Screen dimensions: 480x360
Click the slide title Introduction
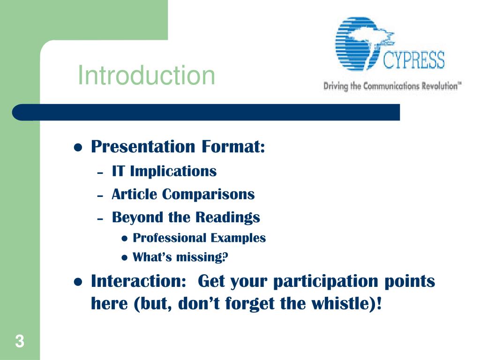pyautogui.click(x=147, y=75)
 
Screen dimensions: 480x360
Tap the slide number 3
pyautogui.click(x=20, y=341)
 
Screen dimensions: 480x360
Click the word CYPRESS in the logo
pyautogui.click(x=413, y=60)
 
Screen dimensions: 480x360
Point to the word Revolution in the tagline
pyautogui.click(x=442, y=86)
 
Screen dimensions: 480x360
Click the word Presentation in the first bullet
pyautogui.click(x=143, y=146)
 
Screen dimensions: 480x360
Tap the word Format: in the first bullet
pyautogui.click(x=233, y=146)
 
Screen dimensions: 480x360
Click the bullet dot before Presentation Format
pyautogui.click(x=78, y=148)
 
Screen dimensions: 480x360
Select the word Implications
pyautogui.click(x=173, y=172)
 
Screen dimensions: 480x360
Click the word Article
pyautogui.click(x=135, y=194)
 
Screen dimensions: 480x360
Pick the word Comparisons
pyautogui.click(x=208, y=195)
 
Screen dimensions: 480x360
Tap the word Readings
pyautogui.click(x=227, y=217)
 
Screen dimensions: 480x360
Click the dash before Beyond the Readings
pyautogui.click(x=100, y=219)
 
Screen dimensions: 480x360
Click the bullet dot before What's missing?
pyautogui.click(x=124, y=258)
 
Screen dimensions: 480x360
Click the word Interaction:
pyautogui.click(x=139, y=281)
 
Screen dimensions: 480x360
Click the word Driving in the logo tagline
pyautogui.click(x=336, y=86)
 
